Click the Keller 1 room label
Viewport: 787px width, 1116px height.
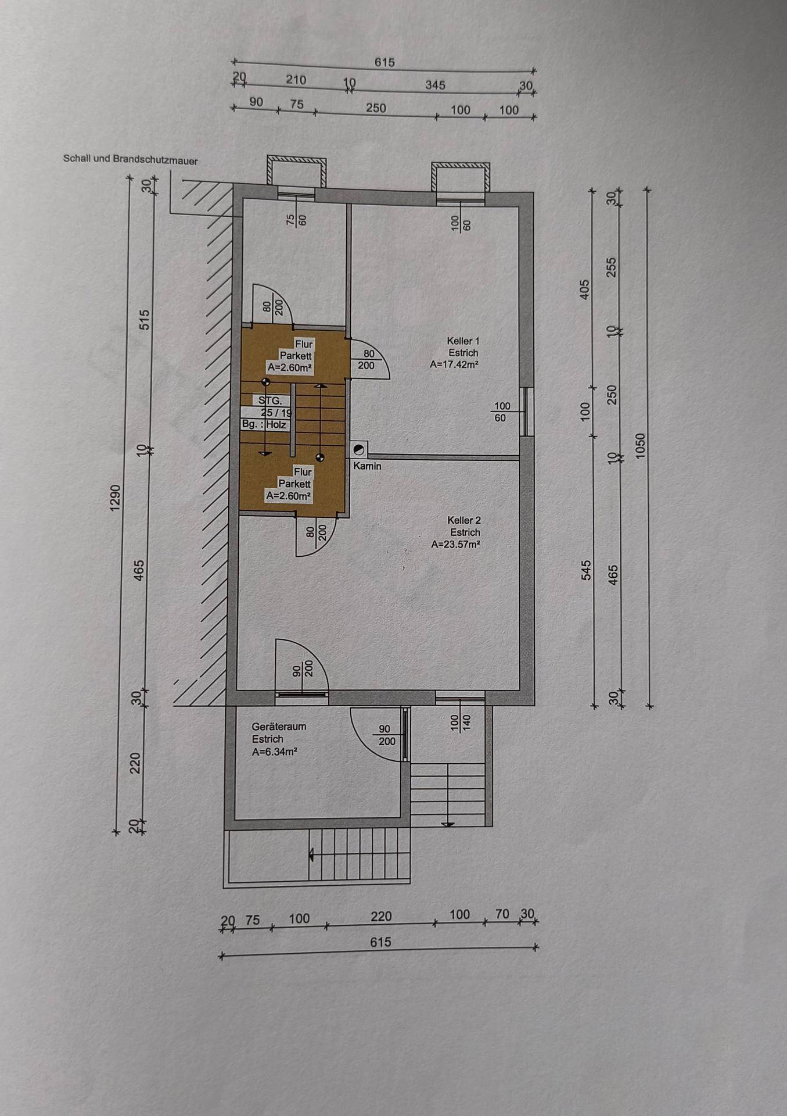point(463,341)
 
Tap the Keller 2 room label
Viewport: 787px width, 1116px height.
point(464,521)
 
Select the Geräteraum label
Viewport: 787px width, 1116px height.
point(279,727)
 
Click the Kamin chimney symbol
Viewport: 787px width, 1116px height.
point(360,449)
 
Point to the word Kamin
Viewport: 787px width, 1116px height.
point(367,466)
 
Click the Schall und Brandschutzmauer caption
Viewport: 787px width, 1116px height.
point(131,159)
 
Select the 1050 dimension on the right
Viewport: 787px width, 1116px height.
point(640,446)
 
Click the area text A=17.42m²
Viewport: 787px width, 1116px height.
point(455,365)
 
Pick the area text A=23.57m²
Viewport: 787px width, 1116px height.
point(456,545)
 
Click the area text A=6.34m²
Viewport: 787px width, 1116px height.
point(275,752)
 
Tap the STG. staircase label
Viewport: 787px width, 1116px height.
point(270,400)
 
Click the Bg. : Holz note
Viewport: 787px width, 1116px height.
point(264,425)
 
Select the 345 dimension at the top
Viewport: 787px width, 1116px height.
point(435,85)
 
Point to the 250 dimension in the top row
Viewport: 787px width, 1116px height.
point(376,108)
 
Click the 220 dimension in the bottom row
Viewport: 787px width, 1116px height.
point(381,917)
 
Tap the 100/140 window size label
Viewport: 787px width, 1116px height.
point(461,722)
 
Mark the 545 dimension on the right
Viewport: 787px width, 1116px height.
point(586,570)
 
